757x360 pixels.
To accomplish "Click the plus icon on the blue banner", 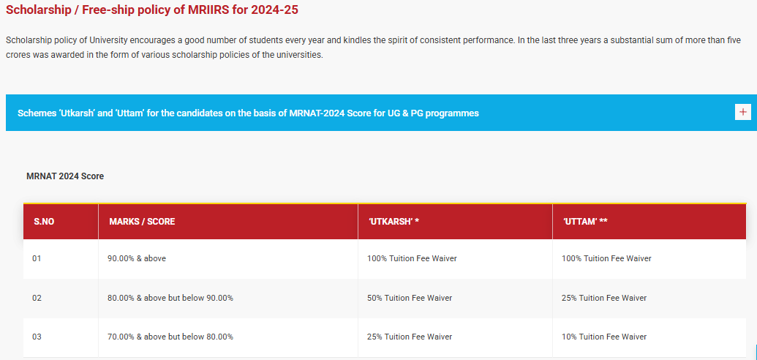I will coord(743,112).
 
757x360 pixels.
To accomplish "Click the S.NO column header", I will coord(44,221).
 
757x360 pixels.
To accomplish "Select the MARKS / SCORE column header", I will coord(142,221).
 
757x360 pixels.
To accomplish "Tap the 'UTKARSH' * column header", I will coord(393,221).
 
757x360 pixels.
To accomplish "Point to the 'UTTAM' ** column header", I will coord(585,221).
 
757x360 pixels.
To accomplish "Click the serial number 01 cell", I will coord(37,258).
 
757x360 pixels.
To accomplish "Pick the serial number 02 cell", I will coord(37,298).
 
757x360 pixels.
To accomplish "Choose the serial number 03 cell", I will coord(37,337).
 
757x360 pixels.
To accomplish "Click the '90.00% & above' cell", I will coord(137,258).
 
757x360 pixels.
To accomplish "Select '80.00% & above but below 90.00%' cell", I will coord(170,298).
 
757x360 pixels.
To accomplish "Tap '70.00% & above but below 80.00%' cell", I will coord(170,337).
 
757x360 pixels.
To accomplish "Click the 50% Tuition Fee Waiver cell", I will coord(410,298).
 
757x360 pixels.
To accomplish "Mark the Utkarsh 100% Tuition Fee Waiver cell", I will coord(412,258).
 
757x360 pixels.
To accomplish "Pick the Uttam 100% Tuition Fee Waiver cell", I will coord(606,258).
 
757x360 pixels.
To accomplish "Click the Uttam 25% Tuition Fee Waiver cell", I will coord(604,298).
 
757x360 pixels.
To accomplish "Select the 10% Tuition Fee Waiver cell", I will coord(604,337).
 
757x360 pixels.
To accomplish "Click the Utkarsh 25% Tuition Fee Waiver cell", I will coord(410,337).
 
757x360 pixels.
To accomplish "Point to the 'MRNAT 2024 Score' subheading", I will coord(65,176).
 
